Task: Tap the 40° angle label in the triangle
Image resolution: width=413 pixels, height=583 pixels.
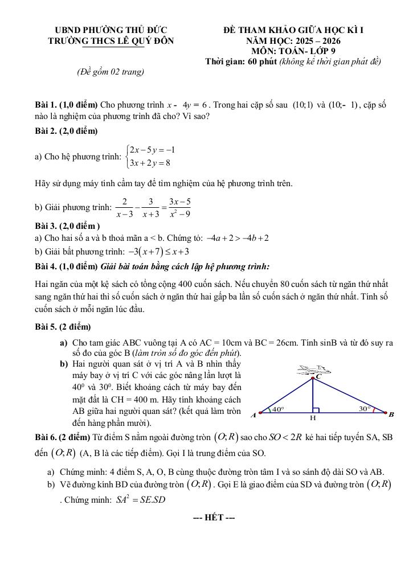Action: (278, 409)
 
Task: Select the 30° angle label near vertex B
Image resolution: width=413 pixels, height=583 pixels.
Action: (365, 408)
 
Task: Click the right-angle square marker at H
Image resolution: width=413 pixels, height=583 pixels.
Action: (316, 409)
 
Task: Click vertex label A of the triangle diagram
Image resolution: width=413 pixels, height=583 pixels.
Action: (253, 415)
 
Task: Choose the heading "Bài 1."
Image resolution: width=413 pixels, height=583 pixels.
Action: (46, 105)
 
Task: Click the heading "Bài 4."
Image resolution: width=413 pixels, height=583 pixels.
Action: (46, 266)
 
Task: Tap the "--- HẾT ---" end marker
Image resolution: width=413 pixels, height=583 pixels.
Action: (214, 518)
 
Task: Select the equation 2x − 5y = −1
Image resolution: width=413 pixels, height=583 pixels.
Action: (152, 150)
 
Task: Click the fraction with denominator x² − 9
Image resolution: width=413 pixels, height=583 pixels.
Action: (179, 208)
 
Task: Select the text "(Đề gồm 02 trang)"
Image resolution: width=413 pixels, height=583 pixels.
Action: (111, 72)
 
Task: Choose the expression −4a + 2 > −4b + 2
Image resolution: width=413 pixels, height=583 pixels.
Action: (238, 238)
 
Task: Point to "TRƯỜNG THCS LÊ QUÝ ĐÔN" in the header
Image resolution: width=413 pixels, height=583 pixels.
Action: (111, 41)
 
